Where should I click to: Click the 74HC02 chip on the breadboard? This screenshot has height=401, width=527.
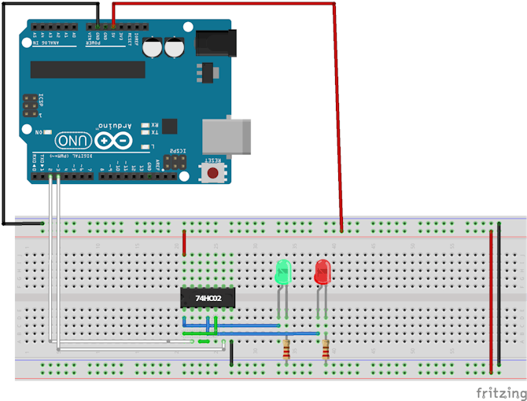click(208, 299)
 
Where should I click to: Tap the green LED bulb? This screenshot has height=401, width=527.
click(283, 273)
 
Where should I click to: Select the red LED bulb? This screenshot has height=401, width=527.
click(322, 273)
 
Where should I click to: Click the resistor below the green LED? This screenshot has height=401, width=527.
click(285, 351)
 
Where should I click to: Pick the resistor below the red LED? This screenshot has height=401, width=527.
click(325, 351)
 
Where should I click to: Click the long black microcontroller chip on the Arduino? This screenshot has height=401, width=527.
click(87, 70)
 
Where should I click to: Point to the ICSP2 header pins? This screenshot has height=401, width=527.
click(177, 162)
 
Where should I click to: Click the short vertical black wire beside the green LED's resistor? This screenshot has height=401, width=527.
click(231, 355)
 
